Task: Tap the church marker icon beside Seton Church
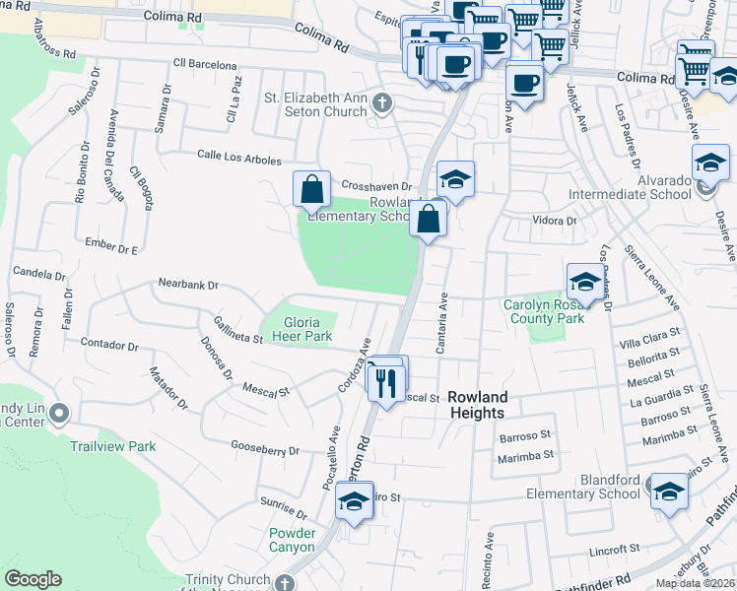tap(384, 100)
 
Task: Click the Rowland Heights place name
tap(478, 404)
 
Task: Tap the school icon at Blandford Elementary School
tap(670, 491)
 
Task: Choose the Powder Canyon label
tap(292, 540)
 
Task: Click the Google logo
tap(33, 579)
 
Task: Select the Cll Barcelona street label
tap(205, 65)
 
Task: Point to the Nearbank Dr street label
tap(187, 285)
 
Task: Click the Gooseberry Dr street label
tap(264, 449)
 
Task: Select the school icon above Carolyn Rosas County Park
tap(584, 281)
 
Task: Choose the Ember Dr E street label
tap(110, 248)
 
